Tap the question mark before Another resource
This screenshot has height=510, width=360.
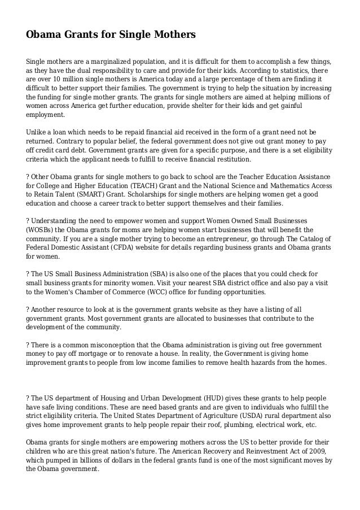(x=28, y=310)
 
